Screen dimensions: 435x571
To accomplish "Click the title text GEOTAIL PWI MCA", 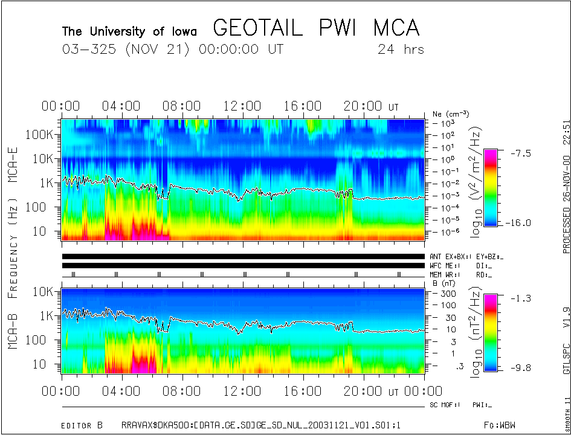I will (x=316, y=28).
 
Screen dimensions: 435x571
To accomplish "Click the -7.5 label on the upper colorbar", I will (x=518, y=153).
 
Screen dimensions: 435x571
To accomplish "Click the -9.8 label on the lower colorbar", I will (x=518, y=367).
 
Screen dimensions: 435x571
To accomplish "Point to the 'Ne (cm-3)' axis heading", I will (x=451, y=114).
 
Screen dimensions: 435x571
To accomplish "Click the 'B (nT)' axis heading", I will (x=444, y=283).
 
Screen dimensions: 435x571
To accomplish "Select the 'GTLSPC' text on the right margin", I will (x=566, y=358).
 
